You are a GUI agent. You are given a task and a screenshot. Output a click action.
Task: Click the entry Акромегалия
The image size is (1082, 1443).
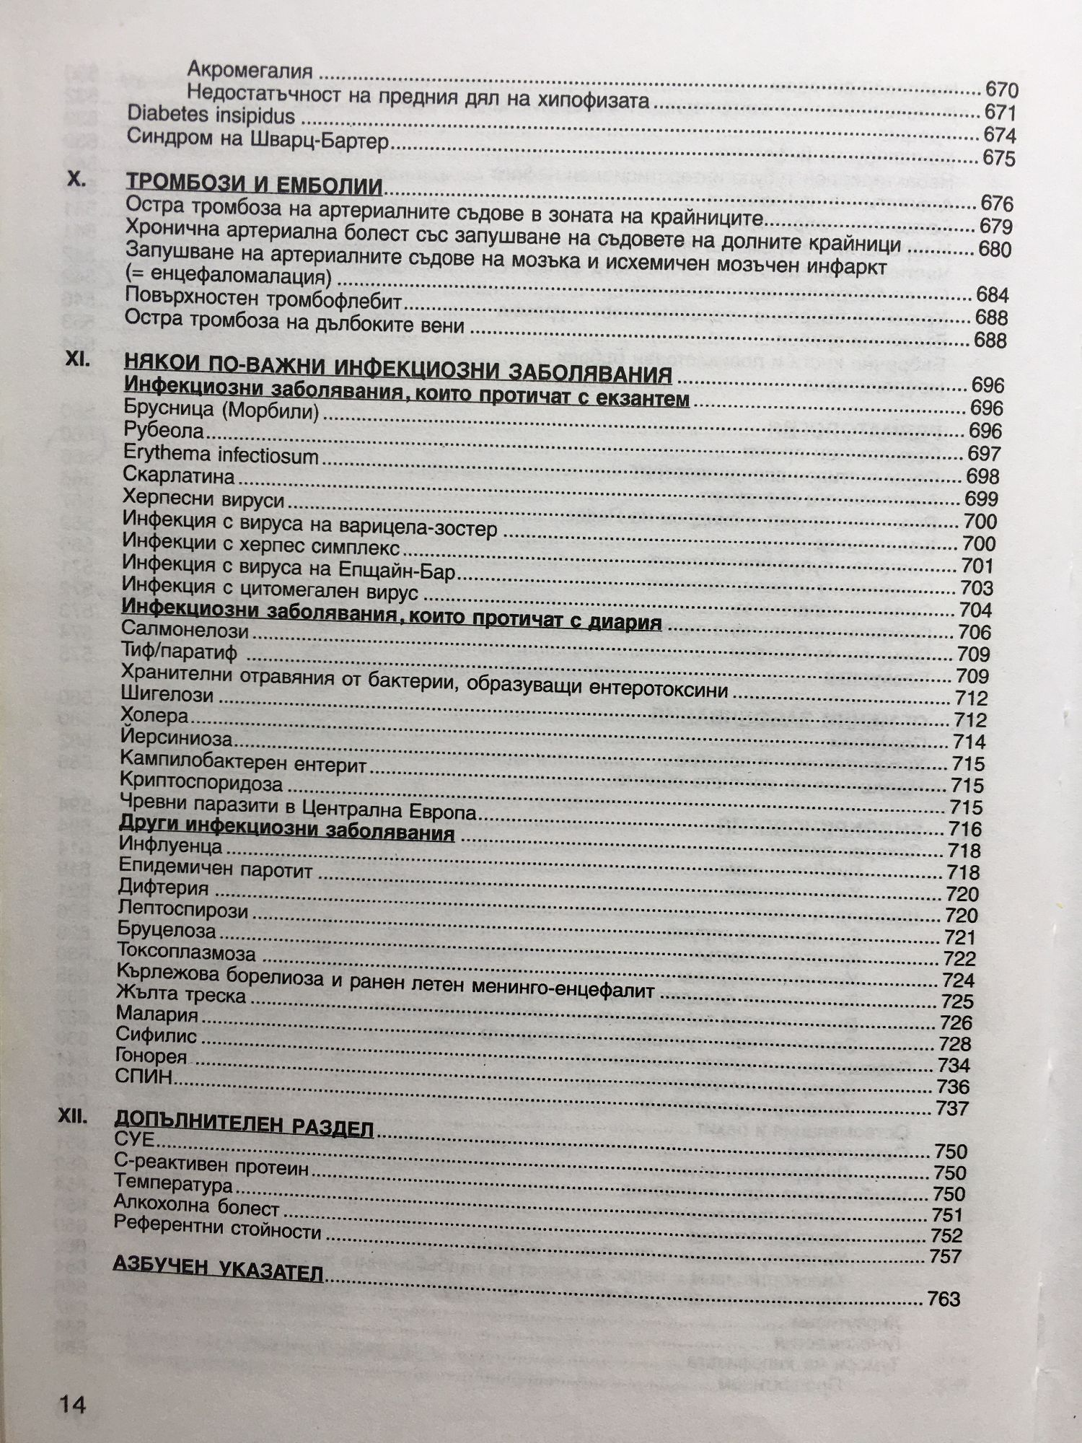pyautogui.click(x=250, y=70)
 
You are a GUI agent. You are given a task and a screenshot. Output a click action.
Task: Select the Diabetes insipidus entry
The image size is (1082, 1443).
pyautogui.click(x=211, y=115)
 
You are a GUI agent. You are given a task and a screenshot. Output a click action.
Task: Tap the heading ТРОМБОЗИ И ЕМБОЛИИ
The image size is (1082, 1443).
pyautogui.click(x=254, y=185)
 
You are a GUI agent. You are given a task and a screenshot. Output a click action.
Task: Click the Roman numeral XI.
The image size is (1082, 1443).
pyautogui.click(x=78, y=359)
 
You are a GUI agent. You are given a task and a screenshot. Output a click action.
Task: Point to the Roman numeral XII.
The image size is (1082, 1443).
pyautogui.click(x=72, y=1117)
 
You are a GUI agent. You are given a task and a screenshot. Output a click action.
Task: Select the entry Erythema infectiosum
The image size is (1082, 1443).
pyautogui.click(x=221, y=455)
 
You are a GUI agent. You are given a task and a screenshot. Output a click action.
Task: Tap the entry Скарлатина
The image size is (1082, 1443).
pyautogui.click(x=179, y=476)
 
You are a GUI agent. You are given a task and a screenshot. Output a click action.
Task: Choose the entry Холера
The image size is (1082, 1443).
pyautogui.click(x=154, y=716)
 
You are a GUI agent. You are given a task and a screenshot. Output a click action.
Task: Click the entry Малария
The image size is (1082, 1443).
pyautogui.click(x=157, y=1014)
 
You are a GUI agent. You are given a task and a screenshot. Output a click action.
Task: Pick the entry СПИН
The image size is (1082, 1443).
pyautogui.click(x=144, y=1076)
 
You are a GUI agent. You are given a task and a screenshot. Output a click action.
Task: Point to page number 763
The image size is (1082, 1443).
pyautogui.click(x=944, y=1299)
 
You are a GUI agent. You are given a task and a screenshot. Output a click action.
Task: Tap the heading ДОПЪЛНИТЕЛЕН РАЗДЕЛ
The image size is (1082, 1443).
pyautogui.click(x=244, y=1124)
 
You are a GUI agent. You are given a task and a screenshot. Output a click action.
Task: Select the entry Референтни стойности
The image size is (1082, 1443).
pyautogui.click(x=217, y=1227)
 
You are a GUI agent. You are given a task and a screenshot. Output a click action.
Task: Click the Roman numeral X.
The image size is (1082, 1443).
pyautogui.click(x=76, y=180)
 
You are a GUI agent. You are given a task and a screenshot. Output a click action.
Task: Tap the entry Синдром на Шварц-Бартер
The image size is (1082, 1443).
pyautogui.click(x=258, y=139)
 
